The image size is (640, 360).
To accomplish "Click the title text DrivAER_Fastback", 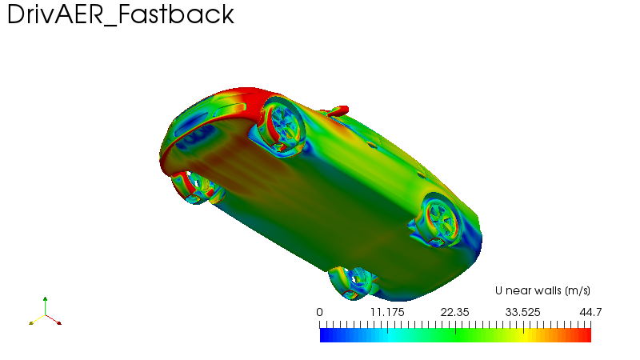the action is tap(121, 14).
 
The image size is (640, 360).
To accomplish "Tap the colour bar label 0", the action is tap(319, 312).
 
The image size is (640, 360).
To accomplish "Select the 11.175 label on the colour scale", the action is tap(387, 312).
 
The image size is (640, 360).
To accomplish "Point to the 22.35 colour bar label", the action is tap(455, 312).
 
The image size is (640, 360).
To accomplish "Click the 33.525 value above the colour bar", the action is tap(523, 312).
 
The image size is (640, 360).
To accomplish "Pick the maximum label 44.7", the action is tap(590, 312).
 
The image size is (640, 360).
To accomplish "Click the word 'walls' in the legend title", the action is tap(548, 290).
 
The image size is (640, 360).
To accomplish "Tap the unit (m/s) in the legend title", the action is tap(578, 290).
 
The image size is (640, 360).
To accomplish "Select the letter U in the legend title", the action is tap(498, 290).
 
